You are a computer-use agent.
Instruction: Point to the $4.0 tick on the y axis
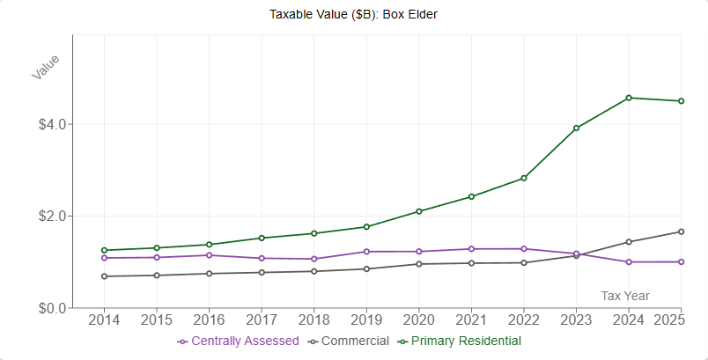(50, 124)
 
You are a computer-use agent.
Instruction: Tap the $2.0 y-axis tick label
(50, 217)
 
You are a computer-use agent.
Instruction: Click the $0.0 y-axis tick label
(50, 308)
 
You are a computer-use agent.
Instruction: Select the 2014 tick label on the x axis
(104, 320)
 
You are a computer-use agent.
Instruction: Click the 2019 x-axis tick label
(366, 320)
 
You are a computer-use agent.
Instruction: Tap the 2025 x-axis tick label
(669, 320)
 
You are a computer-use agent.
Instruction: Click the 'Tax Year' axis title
(625, 296)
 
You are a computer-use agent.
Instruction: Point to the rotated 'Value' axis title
(45, 67)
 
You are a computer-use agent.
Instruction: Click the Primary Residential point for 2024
(629, 98)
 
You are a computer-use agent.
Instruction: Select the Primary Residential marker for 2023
(576, 129)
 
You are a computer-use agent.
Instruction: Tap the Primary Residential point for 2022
(524, 178)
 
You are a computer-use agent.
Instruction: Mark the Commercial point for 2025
(681, 231)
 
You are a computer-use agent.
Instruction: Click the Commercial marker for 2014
(105, 276)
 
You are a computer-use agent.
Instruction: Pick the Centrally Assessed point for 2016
(210, 255)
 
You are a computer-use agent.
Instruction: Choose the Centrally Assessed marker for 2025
(681, 261)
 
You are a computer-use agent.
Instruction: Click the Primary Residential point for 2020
(419, 211)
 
